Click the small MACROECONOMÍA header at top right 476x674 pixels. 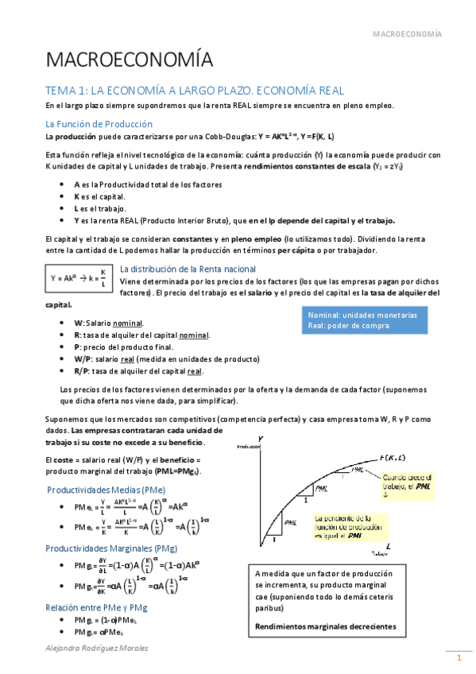coord(407,34)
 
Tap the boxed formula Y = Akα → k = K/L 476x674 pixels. coord(78,278)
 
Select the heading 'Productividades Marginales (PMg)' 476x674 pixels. coord(111,548)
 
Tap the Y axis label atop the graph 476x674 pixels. coord(261,439)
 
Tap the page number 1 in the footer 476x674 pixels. coord(458,659)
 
